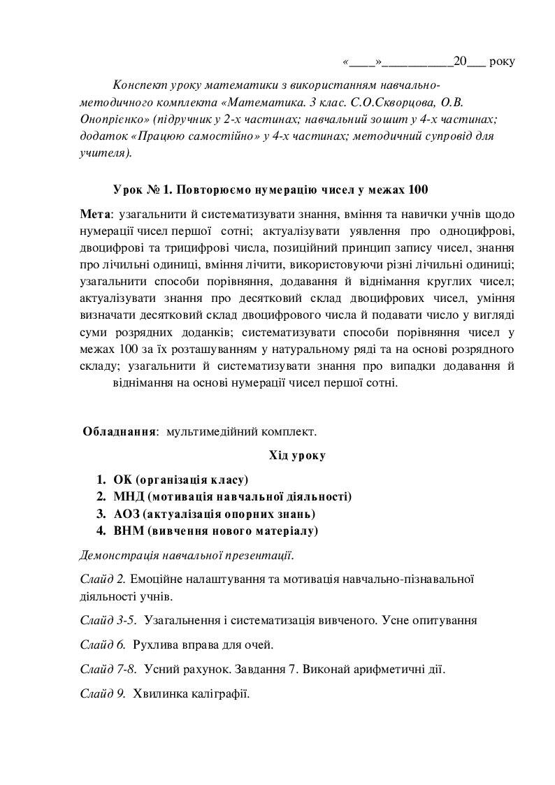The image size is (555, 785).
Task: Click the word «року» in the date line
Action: click(x=503, y=62)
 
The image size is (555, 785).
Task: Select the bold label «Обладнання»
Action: click(x=119, y=432)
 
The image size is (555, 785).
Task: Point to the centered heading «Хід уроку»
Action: click(x=297, y=456)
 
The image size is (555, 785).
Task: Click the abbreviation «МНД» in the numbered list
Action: click(x=129, y=497)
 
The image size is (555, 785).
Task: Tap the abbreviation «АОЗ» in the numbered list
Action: click(x=128, y=514)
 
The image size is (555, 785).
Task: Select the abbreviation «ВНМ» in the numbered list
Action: click(x=129, y=531)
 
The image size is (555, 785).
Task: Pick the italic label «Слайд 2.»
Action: click(x=102, y=579)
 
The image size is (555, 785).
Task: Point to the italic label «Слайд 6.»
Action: click(x=102, y=644)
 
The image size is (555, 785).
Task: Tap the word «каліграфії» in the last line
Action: click(x=220, y=695)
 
